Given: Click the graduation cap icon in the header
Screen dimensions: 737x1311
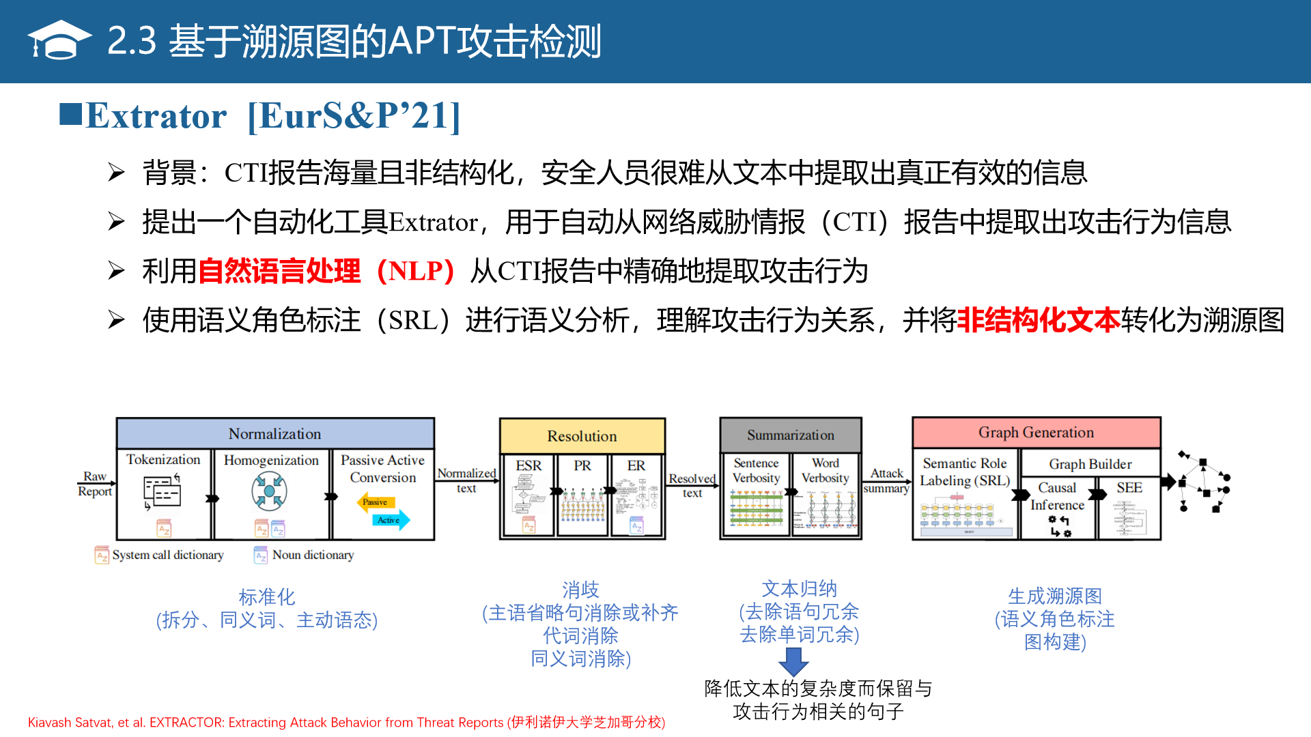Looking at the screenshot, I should click(x=59, y=40).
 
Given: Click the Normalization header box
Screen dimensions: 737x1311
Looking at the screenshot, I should click(x=274, y=434).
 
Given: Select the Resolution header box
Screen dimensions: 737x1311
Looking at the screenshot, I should click(x=582, y=436).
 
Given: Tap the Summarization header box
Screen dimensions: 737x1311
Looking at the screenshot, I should click(x=790, y=435).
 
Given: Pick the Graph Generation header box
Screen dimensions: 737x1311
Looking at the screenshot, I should click(x=1036, y=433).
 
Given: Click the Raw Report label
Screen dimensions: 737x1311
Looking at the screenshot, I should click(x=94, y=484).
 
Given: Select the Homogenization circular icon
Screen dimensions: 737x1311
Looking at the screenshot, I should click(x=269, y=491).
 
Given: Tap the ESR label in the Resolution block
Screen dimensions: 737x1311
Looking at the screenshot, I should click(x=528, y=465).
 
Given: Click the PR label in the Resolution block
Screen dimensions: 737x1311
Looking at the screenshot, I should click(x=582, y=465).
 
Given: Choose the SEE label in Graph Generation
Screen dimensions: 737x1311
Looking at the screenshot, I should click(x=1129, y=488).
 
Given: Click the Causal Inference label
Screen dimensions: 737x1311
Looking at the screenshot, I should click(x=1057, y=496).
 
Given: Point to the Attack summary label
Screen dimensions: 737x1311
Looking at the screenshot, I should click(x=886, y=480).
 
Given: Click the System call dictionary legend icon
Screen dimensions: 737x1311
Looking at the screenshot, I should click(x=102, y=555).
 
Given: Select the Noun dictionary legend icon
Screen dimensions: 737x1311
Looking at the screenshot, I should click(x=261, y=555).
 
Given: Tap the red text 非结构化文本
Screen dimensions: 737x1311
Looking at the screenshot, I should click(x=1039, y=320).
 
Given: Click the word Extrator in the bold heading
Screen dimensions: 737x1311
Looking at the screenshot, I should click(x=156, y=116).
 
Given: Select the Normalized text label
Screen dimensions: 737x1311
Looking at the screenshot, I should click(x=466, y=480).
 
